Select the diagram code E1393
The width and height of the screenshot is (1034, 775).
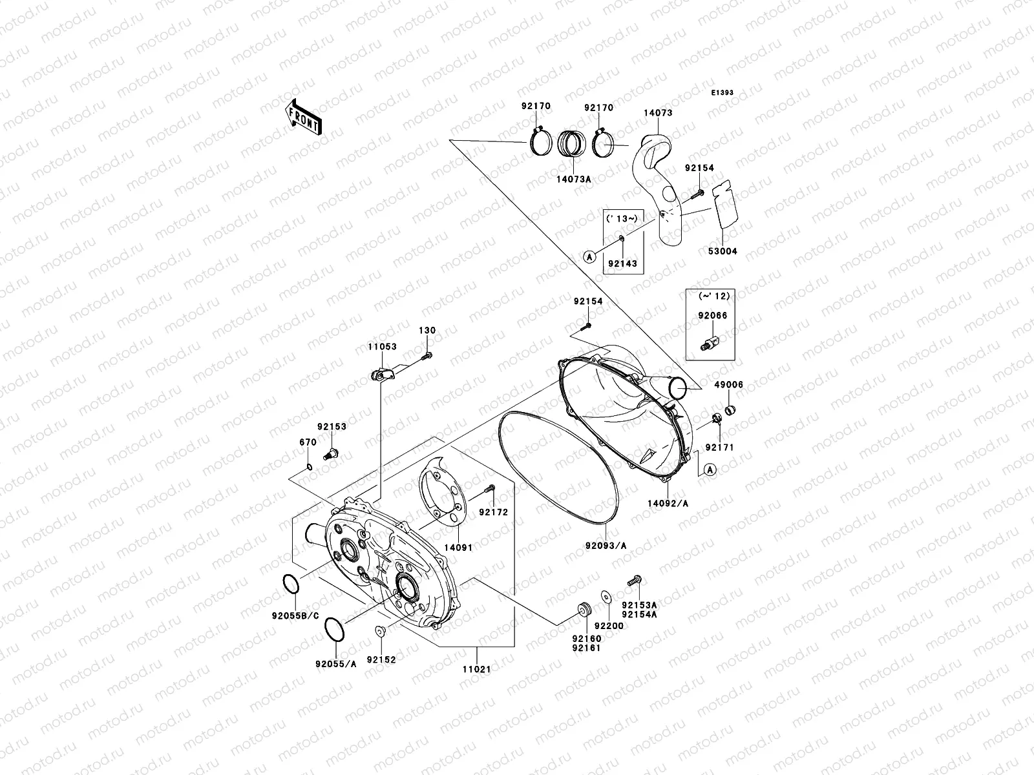tap(723, 93)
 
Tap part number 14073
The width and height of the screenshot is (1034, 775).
tap(658, 113)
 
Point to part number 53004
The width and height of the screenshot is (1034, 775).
tap(723, 251)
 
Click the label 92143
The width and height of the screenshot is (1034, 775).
tap(622, 263)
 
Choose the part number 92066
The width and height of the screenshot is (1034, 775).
tap(712, 316)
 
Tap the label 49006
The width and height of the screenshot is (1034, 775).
tap(728, 385)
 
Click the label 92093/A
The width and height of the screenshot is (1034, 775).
tap(606, 546)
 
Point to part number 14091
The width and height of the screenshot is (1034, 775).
tap(458, 547)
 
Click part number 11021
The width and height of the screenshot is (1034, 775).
tap(476, 669)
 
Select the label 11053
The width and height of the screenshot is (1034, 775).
tap(382, 347)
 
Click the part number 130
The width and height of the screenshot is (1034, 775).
tap(427, 331)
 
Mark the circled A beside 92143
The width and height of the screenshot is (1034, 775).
tap(589, 256)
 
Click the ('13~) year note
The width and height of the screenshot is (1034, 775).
tap(622, 218)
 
